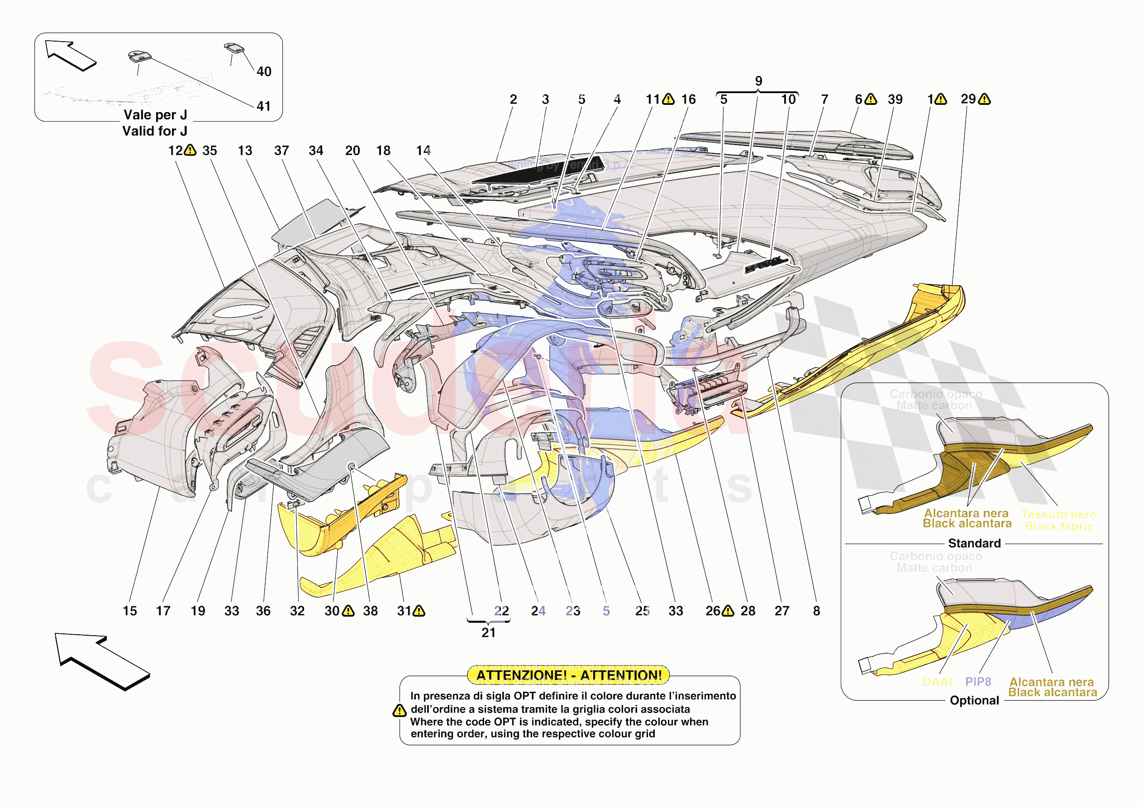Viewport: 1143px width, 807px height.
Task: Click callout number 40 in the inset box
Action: pyautogui.click(x=264, y=71)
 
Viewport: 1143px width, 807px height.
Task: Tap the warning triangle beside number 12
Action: pyautogui.click(x=190, y=150)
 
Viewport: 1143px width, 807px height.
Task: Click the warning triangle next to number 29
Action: pyautogui.click(x=984, y=99)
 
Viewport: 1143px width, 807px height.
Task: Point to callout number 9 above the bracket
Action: pyautogui.click(x=758, y=81)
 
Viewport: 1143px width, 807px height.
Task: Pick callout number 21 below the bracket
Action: pyautogui.click(x=488, y=632)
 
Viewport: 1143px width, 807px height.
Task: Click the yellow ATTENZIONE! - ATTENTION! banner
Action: pyautogui.click(x=568, y=675)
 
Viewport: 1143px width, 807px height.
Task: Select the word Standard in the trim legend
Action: pyautogui.click(x=974, y=543)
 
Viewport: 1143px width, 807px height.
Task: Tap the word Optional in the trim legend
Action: pyautogui.click(x=974, y=700)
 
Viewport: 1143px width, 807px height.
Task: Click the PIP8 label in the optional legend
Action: pyautogui.click(x=978, y=682)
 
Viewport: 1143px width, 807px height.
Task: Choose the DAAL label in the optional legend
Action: pyautogui.click(x=938, y=682)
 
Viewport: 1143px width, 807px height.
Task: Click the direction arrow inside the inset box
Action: pyautogui.click(x=70, y=55)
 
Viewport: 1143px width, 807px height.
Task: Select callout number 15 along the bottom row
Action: pyautogui.click(x=130, y=611)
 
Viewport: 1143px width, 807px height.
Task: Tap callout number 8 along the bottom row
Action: pyautogui.click(x=816, y=611)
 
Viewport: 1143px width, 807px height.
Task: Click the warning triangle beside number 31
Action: pyautogui.click(x=419, y=611)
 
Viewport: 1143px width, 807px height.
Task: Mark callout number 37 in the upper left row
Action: pyautogui.click(x=281, y=151)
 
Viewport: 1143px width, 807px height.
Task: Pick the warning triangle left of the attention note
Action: pyautogui.click(x=399, y=711)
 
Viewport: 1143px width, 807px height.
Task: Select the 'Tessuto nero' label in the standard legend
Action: pyautogui.click(x=1058, y=514)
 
